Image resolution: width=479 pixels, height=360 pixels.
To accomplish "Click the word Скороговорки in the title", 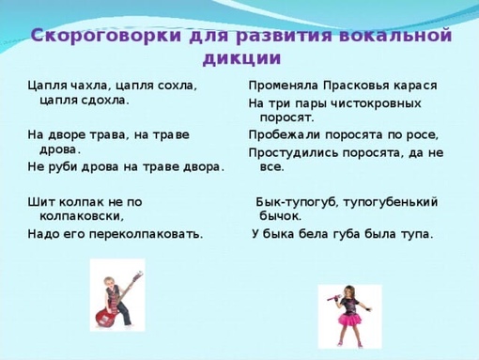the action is click(x=106, y=36).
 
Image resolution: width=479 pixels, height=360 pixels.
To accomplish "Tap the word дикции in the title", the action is click(x=241, y=58).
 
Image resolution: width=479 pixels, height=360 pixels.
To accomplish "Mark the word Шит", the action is click(x=40, y=202).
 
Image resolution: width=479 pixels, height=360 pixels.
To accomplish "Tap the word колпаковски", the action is click(x=82, y=216).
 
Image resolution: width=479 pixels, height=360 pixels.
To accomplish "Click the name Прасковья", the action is click(x=356, y=86).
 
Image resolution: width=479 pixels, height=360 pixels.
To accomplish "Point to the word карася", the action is click(x=415, y=86).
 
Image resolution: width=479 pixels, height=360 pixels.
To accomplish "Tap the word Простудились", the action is click(x=293, y=153).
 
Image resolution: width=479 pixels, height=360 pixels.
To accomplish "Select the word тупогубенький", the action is click(x=391, y=202).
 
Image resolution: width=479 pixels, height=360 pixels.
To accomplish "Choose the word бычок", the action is click(x=281, y=216).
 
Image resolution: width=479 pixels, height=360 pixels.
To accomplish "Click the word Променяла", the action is click(x=284, y=86).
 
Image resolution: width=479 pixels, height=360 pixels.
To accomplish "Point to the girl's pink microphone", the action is click(x=333, y=297).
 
